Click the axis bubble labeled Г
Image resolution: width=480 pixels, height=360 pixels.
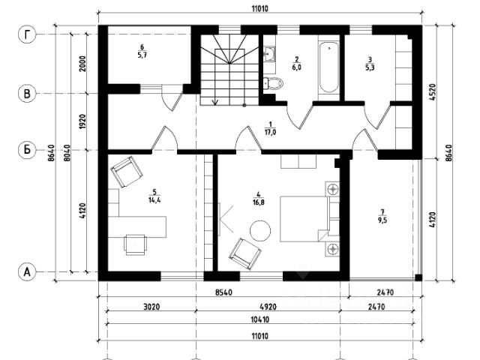[x=27, y=35]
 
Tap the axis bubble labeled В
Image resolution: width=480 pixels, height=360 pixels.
[x=27, y=94]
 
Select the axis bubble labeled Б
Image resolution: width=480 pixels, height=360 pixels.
[x=27, y=149]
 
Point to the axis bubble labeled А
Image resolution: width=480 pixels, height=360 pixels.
[x=27, y=272]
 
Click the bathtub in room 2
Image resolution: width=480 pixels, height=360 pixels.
[x=328, y=69]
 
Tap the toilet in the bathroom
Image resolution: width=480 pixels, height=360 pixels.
[x=272, y=83]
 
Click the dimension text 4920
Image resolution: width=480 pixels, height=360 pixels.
[x=267, y=307]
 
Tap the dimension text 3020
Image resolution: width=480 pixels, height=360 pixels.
[x=151, y=307]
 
